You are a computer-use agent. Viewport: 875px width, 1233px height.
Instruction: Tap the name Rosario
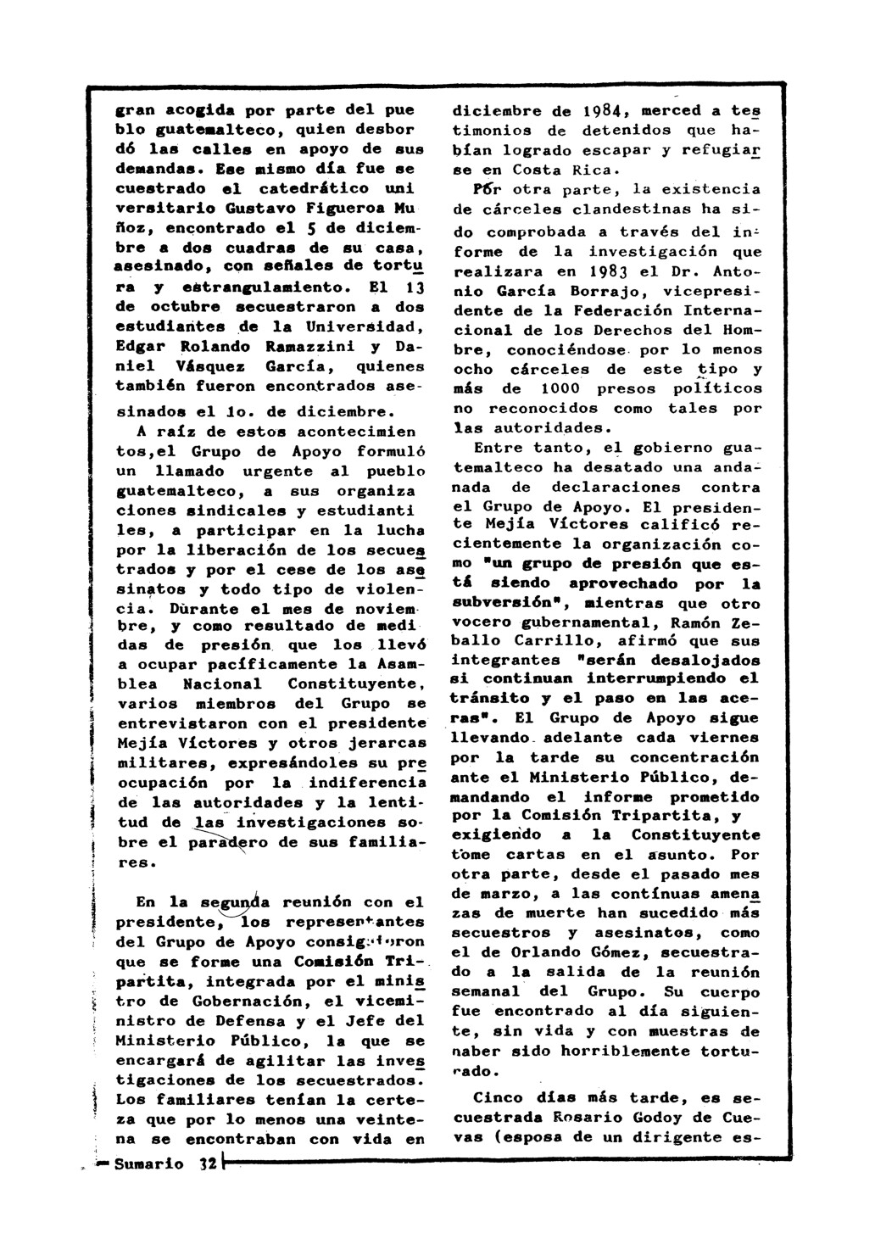pos(565,1119)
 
